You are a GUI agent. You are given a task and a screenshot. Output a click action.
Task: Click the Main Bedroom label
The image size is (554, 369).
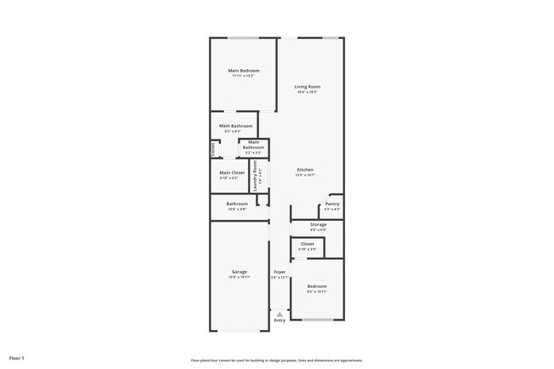click(244, 70)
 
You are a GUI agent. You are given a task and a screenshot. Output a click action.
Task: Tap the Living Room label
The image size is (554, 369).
click(307, 87)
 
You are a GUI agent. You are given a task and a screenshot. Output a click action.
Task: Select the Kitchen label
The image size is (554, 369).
click(306, 170)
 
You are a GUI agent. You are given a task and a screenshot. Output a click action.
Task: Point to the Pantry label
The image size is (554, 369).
click(332, 204)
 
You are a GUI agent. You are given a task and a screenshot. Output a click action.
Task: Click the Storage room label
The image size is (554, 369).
click(318, 224)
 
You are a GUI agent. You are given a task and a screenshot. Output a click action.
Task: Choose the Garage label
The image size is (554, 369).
click(239, 272)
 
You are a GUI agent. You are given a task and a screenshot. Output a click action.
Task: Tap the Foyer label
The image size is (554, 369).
click(280, 272)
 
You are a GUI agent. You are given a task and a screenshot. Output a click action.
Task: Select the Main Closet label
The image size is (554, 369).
click(232, 172)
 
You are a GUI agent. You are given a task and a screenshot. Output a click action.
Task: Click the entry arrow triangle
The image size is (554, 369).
click(280, 314)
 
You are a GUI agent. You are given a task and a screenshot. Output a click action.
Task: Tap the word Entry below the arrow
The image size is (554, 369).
click(280, 320)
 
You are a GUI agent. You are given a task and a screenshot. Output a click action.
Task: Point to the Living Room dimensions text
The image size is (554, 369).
click(307, 92)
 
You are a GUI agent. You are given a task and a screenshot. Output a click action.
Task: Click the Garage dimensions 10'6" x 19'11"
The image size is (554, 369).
click(239, 277)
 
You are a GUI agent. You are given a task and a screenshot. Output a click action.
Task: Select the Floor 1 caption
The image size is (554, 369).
click(18, 358)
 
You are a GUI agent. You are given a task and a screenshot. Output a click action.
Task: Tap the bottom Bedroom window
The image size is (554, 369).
click(317, 320)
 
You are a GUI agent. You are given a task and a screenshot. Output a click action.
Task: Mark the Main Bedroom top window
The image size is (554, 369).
click(243, 37)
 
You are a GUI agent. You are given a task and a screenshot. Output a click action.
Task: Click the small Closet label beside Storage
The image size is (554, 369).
click(307, 244)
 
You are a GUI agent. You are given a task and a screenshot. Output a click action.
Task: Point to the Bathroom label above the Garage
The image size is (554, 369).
click(237, 204)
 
